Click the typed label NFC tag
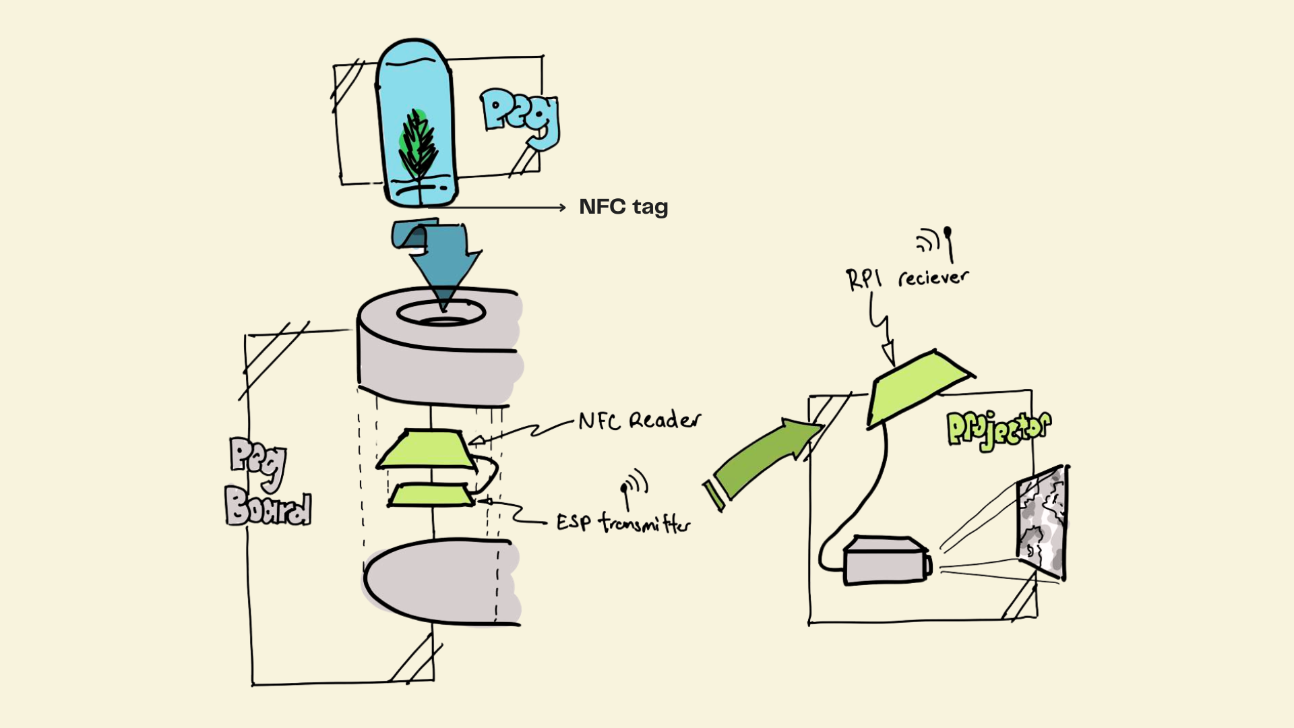tap(623, 207)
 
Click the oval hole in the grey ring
tap(441, 313)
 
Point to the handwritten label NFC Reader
tap(639, 421)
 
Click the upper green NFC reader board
tap(425, 449)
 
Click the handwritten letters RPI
tap(863, 279)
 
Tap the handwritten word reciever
tap(933, 277)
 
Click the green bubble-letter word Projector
tap(998, 429)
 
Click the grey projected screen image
tap(1042, 522)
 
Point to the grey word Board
tap(268, 506)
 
